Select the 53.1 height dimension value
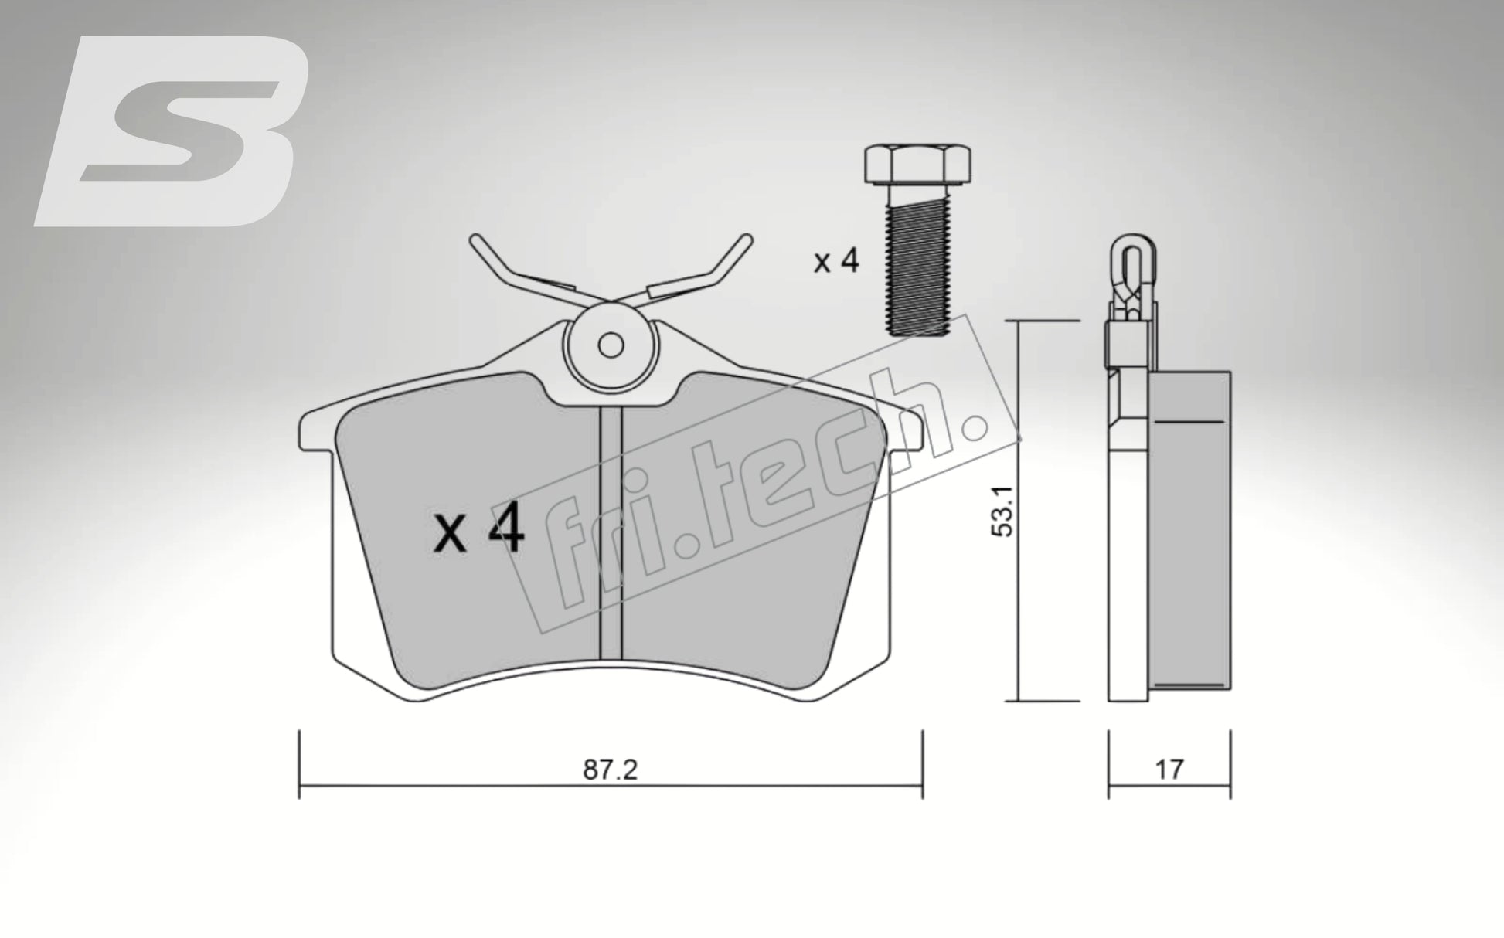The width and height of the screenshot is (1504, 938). [x=1005, y=511]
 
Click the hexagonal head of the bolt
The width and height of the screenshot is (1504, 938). [x=917, y=165]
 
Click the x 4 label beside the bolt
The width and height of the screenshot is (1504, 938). [x=835, y=261]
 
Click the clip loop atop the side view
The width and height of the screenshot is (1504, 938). [x=1131, y=259]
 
